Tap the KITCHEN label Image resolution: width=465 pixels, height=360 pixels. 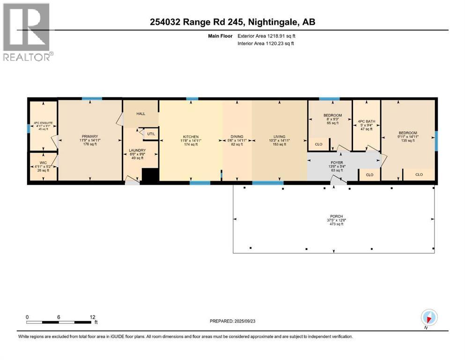(190, 136)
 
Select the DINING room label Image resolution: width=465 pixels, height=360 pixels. (237, 136)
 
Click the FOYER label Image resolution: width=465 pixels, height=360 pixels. (337, 163)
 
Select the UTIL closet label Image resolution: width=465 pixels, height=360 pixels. (151, 134)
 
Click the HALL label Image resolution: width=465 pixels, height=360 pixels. (140, 114)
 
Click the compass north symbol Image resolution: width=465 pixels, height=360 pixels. (429, 317)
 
